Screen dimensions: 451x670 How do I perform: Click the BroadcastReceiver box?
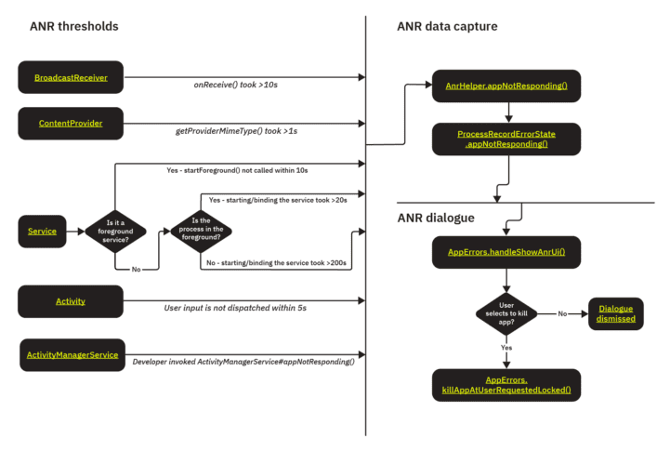71,78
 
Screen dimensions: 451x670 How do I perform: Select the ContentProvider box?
71,123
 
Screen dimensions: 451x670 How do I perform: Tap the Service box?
43,231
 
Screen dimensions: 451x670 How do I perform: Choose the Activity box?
71,301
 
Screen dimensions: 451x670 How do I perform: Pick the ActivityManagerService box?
71,354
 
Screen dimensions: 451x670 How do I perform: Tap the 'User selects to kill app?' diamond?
506,313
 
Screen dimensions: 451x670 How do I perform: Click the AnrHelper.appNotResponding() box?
506,86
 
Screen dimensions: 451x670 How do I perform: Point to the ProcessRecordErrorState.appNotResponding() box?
506,139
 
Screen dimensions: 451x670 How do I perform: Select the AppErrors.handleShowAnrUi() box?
506,252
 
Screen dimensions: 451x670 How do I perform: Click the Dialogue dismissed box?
616,313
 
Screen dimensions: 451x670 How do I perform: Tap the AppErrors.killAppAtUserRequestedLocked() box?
506,385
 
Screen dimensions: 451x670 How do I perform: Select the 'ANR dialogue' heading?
436,218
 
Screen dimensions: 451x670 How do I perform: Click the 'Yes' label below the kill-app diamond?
506,348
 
